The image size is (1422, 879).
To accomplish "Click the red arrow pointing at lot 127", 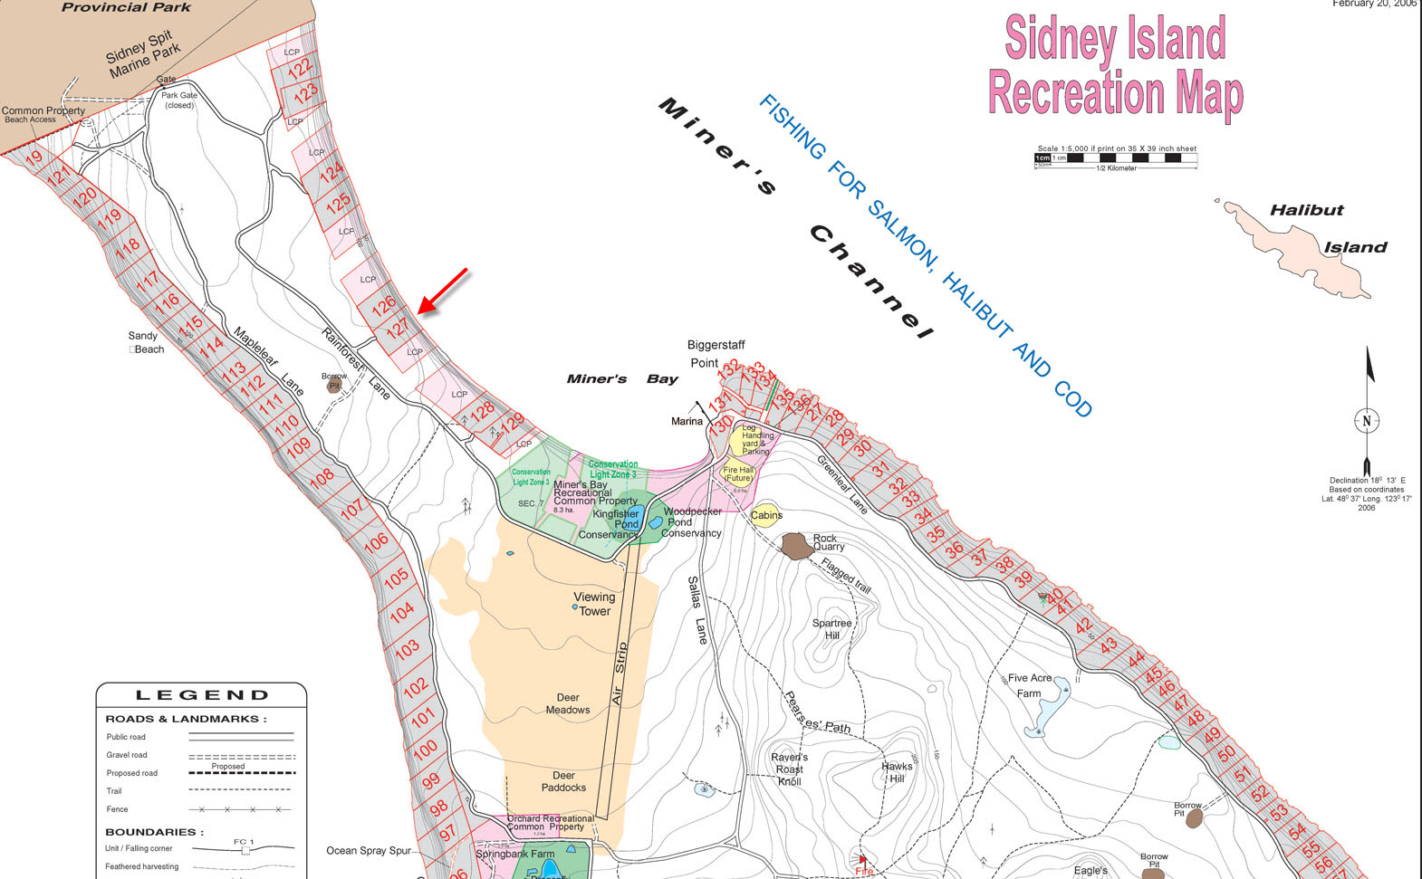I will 443,291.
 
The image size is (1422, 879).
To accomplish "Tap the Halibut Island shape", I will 1304,244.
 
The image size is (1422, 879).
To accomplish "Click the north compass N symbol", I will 1367,420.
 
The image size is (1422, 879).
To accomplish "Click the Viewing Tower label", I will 594,604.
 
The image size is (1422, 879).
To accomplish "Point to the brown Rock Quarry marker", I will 795,546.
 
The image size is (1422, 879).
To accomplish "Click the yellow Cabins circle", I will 765,515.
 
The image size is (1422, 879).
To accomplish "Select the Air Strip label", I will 620,674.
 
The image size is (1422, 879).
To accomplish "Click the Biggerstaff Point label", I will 715,353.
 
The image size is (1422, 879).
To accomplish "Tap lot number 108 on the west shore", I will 322,477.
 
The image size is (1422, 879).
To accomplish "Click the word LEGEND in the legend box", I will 202,695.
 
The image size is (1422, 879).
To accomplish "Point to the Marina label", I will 687,421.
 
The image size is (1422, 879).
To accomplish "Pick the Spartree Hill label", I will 831,628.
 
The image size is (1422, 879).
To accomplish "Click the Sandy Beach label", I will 146,342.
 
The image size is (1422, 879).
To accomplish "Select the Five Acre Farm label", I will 1029,685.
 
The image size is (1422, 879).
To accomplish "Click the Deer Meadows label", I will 568,703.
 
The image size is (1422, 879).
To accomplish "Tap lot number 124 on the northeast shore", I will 331,171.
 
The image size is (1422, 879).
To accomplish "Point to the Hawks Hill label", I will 897,771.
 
